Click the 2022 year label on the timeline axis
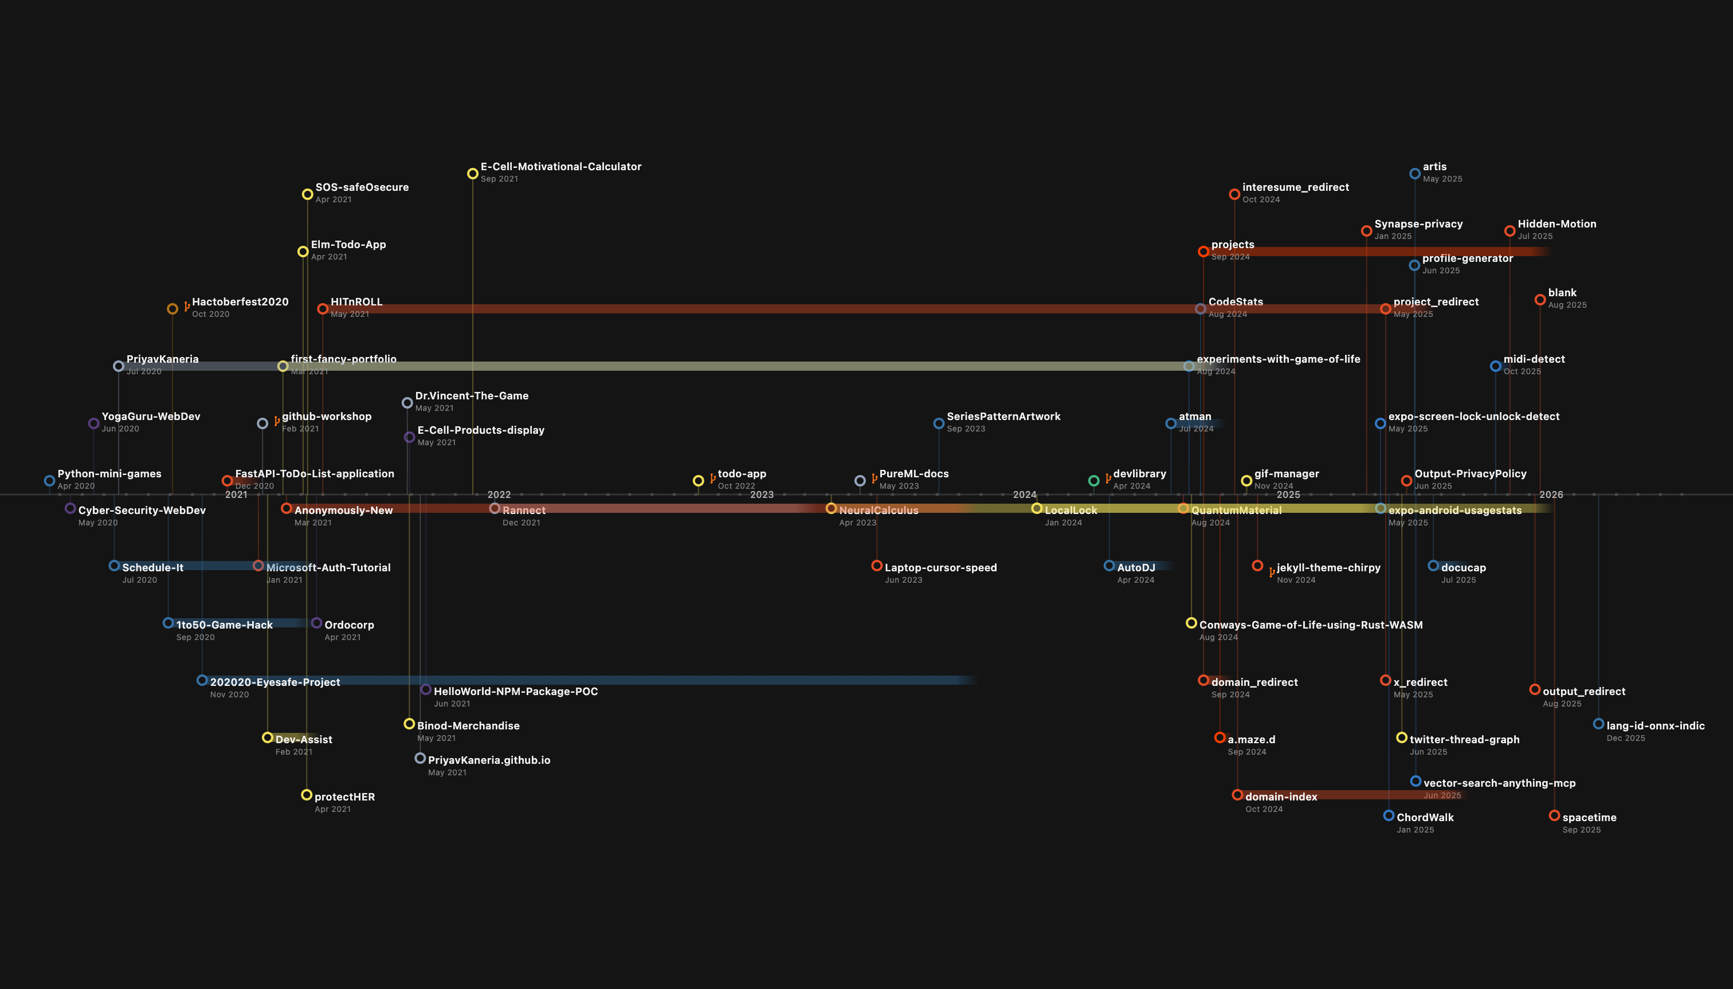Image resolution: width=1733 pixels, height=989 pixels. pos(499,494)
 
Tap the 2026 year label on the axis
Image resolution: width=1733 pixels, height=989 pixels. pos(1551,494)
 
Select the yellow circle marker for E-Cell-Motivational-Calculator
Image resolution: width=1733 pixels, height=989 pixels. pos(472,174)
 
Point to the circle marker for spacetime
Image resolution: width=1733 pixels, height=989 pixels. pos(1554,815)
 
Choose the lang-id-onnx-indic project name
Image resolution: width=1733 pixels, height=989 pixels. pos(1655,725)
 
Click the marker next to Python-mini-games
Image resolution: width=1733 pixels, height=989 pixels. pos(49,481)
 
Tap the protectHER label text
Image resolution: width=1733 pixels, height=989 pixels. pos(344,797)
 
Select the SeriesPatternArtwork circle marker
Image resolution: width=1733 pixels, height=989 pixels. pos(938,423)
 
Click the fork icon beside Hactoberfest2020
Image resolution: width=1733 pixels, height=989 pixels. pos(186,307)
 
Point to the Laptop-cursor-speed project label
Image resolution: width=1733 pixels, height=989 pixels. pos(940,567)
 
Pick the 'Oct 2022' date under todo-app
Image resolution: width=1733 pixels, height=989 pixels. pos(736,486)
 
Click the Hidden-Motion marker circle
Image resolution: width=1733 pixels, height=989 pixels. pos(1509,231)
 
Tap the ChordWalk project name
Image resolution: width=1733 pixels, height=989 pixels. pos(1425,817)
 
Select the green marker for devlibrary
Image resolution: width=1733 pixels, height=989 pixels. pos(1093,481)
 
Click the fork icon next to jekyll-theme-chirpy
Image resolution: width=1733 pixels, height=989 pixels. pos(1271,572)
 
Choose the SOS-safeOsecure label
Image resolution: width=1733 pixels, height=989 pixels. pos(362,187)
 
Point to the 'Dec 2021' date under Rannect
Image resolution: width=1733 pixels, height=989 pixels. pos(521,523)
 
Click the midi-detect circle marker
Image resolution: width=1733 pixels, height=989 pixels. pos(1495,366)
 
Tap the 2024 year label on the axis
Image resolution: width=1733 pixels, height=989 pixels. pos(1025,494)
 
